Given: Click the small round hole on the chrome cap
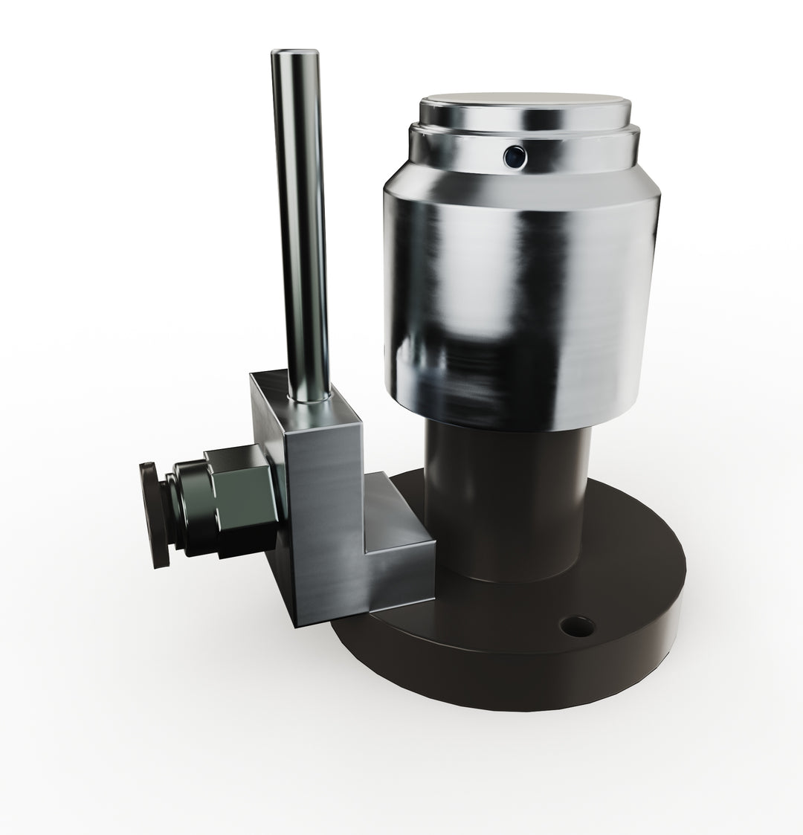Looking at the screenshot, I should (514, 155).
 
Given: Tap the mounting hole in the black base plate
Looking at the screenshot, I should (578, 627).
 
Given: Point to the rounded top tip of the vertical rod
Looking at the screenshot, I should (295, 54).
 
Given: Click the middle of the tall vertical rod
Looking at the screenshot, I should (300, 223).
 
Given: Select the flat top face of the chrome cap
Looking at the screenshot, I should (525, 105).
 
